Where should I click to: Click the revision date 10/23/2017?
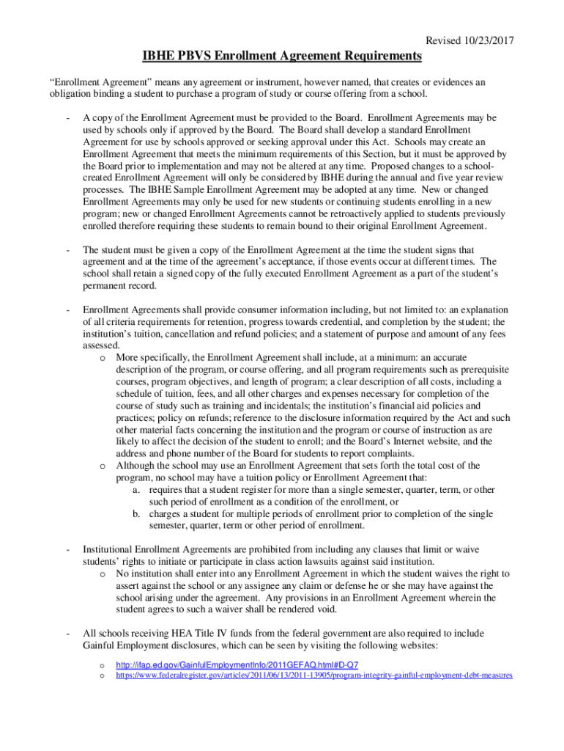click(486, 42)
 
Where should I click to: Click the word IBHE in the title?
click(159, 56)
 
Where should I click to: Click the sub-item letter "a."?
click(137, 490)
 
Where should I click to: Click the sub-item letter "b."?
click(137, 513)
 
